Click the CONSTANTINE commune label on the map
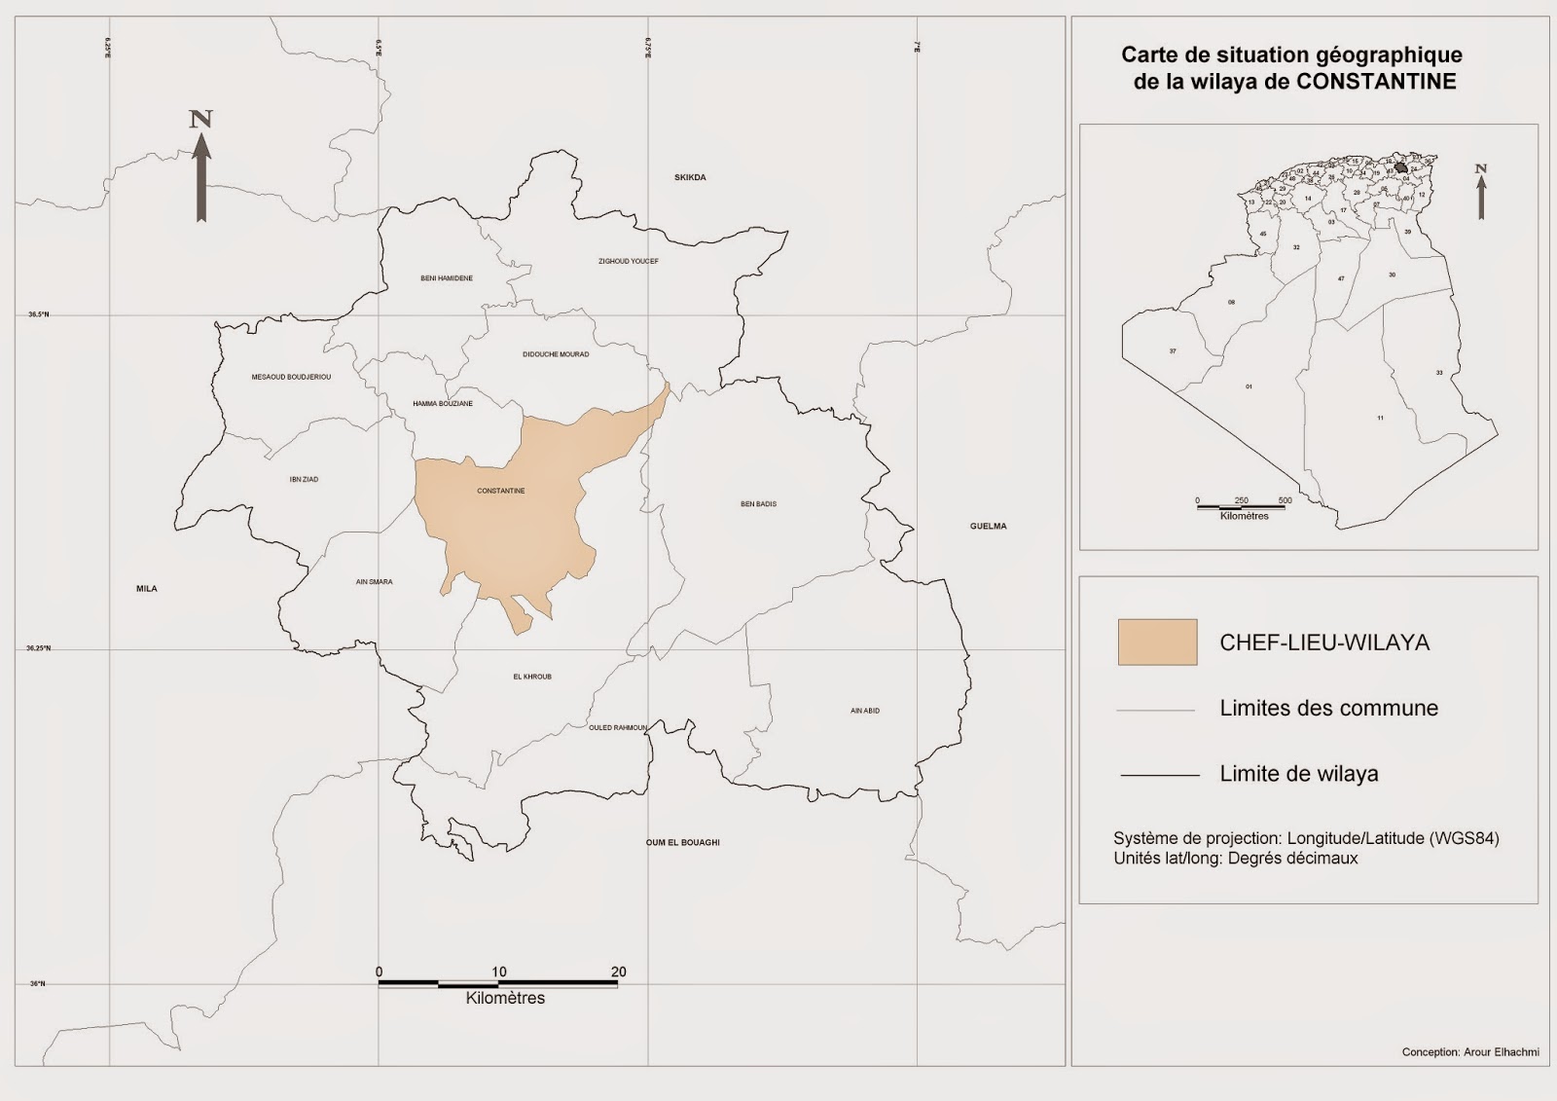pos(501,491)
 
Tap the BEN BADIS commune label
pos(758,504)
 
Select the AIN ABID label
pos(864,711)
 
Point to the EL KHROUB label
pos(531,677)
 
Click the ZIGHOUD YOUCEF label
pos(628,261)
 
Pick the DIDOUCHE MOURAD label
pos(556,354)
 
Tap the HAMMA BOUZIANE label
pos(443,403)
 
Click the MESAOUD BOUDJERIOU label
pos(291,377)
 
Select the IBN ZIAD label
pos(304,479)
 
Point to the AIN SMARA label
pos(375,582)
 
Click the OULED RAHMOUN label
pos(617,727)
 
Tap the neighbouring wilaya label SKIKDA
pos(690,177)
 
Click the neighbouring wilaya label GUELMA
pos(988,526)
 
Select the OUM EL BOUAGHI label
pos(682,842)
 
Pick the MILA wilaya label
pos(147,588)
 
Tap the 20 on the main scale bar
pos(618,972)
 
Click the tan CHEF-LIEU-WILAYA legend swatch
pos(1157,642)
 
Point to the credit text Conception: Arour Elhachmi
pos(1469,1052)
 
